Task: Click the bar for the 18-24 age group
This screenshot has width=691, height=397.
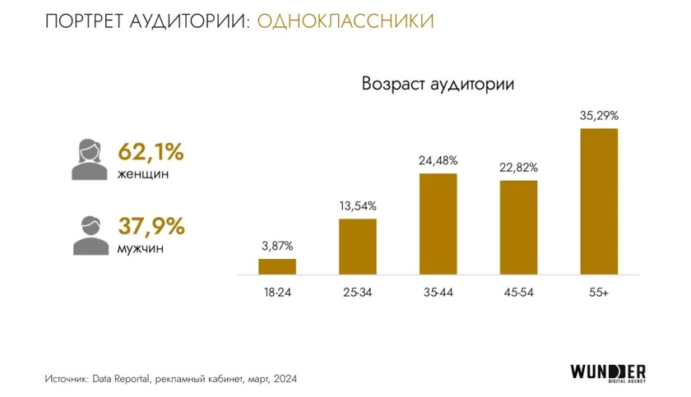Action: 277,266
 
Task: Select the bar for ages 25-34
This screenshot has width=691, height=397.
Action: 357,246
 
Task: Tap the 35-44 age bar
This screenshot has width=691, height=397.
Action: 438,224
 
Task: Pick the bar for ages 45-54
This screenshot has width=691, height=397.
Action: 518,227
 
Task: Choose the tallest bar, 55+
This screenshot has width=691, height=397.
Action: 598,201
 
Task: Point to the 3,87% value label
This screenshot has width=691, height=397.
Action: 277,246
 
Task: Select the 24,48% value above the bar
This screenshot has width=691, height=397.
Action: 438,160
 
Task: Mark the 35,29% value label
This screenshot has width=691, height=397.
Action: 598,115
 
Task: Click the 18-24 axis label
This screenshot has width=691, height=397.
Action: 277,293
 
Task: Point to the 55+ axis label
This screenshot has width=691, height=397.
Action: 598,293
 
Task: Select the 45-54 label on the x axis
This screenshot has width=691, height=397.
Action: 518,293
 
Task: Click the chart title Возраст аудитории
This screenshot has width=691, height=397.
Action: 438,84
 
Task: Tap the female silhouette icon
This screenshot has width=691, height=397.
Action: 88,159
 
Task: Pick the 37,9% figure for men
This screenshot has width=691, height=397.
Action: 151,225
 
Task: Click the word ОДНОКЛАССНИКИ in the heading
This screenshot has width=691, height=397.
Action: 345,20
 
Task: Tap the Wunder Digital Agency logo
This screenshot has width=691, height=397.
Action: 609,373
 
